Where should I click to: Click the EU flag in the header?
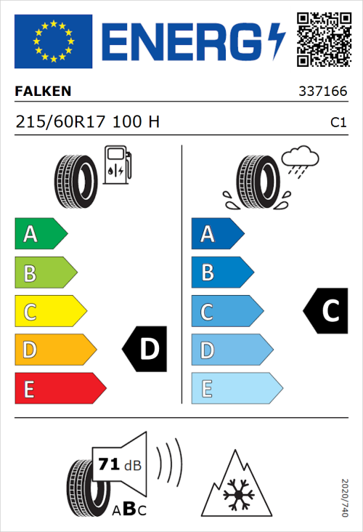point(53,41)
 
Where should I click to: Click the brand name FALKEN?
point(44,92)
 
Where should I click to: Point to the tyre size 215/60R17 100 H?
point(87,122)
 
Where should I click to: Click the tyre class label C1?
point(338,123)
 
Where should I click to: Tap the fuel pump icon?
point(117,165)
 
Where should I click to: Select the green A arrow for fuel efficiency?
point(40,234)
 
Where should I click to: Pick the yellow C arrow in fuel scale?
point(49,312)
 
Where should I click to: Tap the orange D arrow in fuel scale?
point(54,350)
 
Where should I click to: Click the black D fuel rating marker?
point(145,350)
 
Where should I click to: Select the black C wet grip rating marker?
point(325,311)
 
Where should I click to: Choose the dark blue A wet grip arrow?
point(216,234)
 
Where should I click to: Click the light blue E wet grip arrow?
point(235,389)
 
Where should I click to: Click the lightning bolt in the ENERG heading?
point(277,40)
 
